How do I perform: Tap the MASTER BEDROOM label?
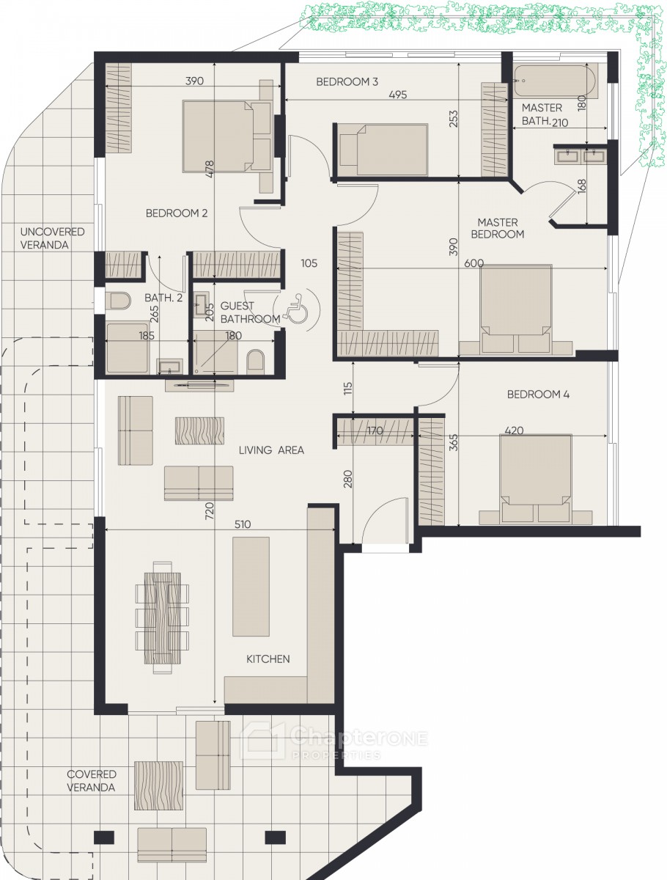pos(497,228)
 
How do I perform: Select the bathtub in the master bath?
pos(555,81)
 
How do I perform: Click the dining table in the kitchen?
pos(162,617)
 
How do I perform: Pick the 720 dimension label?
pos(209,510)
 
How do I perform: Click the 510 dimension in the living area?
pos(243,524)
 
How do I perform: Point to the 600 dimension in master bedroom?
pos(474,263)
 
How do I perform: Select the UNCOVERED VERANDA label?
pos(53,238)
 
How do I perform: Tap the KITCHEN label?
pos(268,659)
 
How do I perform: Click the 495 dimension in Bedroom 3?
pos(398,95)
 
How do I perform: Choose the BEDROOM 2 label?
pos(177,213)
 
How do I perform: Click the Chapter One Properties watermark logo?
pos(333,741)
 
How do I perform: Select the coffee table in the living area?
pos(199,430)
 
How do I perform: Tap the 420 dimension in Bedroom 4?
pos(514,430)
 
